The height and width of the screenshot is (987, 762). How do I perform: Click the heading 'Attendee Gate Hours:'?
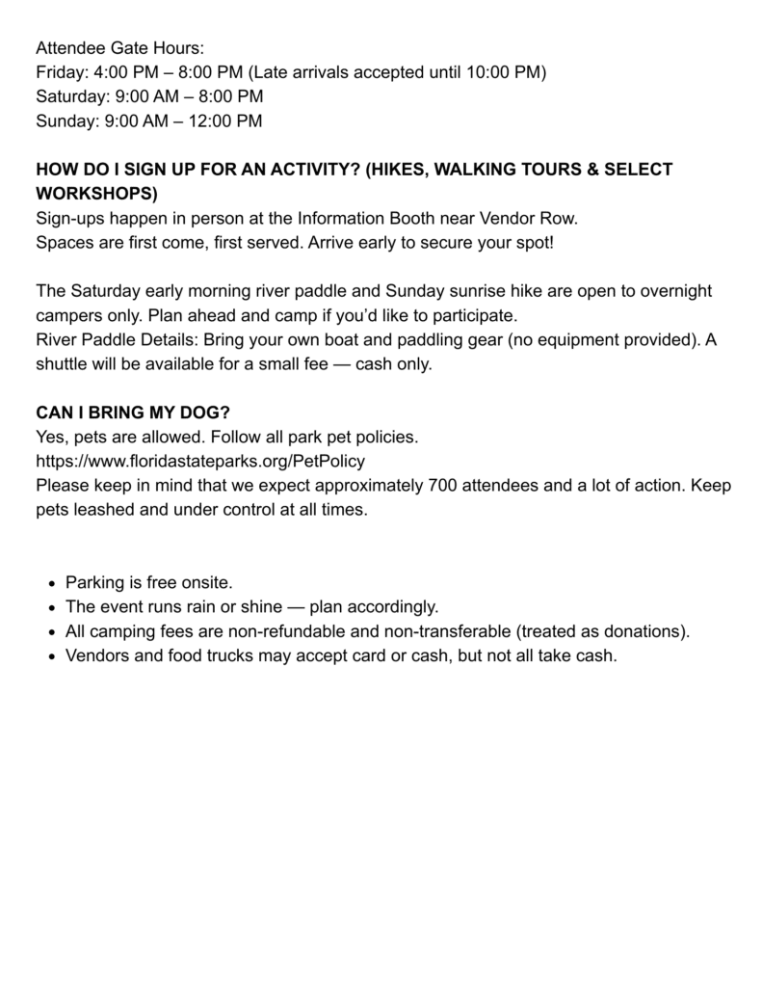[x=120, y=47]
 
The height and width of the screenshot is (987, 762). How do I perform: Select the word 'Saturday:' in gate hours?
[x=70, y=96]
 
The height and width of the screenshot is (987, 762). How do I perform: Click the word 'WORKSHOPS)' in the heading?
[x=96, y=192]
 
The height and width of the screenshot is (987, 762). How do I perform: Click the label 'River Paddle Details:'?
[x=117, y=339]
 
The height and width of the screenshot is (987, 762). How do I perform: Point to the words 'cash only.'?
[x=397, y=363]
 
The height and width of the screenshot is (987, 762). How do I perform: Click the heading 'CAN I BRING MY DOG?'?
[x=133, y=413]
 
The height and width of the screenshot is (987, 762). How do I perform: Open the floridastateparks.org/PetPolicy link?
[x=200, y=461]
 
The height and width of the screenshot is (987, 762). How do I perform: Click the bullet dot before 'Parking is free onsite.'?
[x=51, y=583]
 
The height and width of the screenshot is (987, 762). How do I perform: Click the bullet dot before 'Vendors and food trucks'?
[x=51, y=656]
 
